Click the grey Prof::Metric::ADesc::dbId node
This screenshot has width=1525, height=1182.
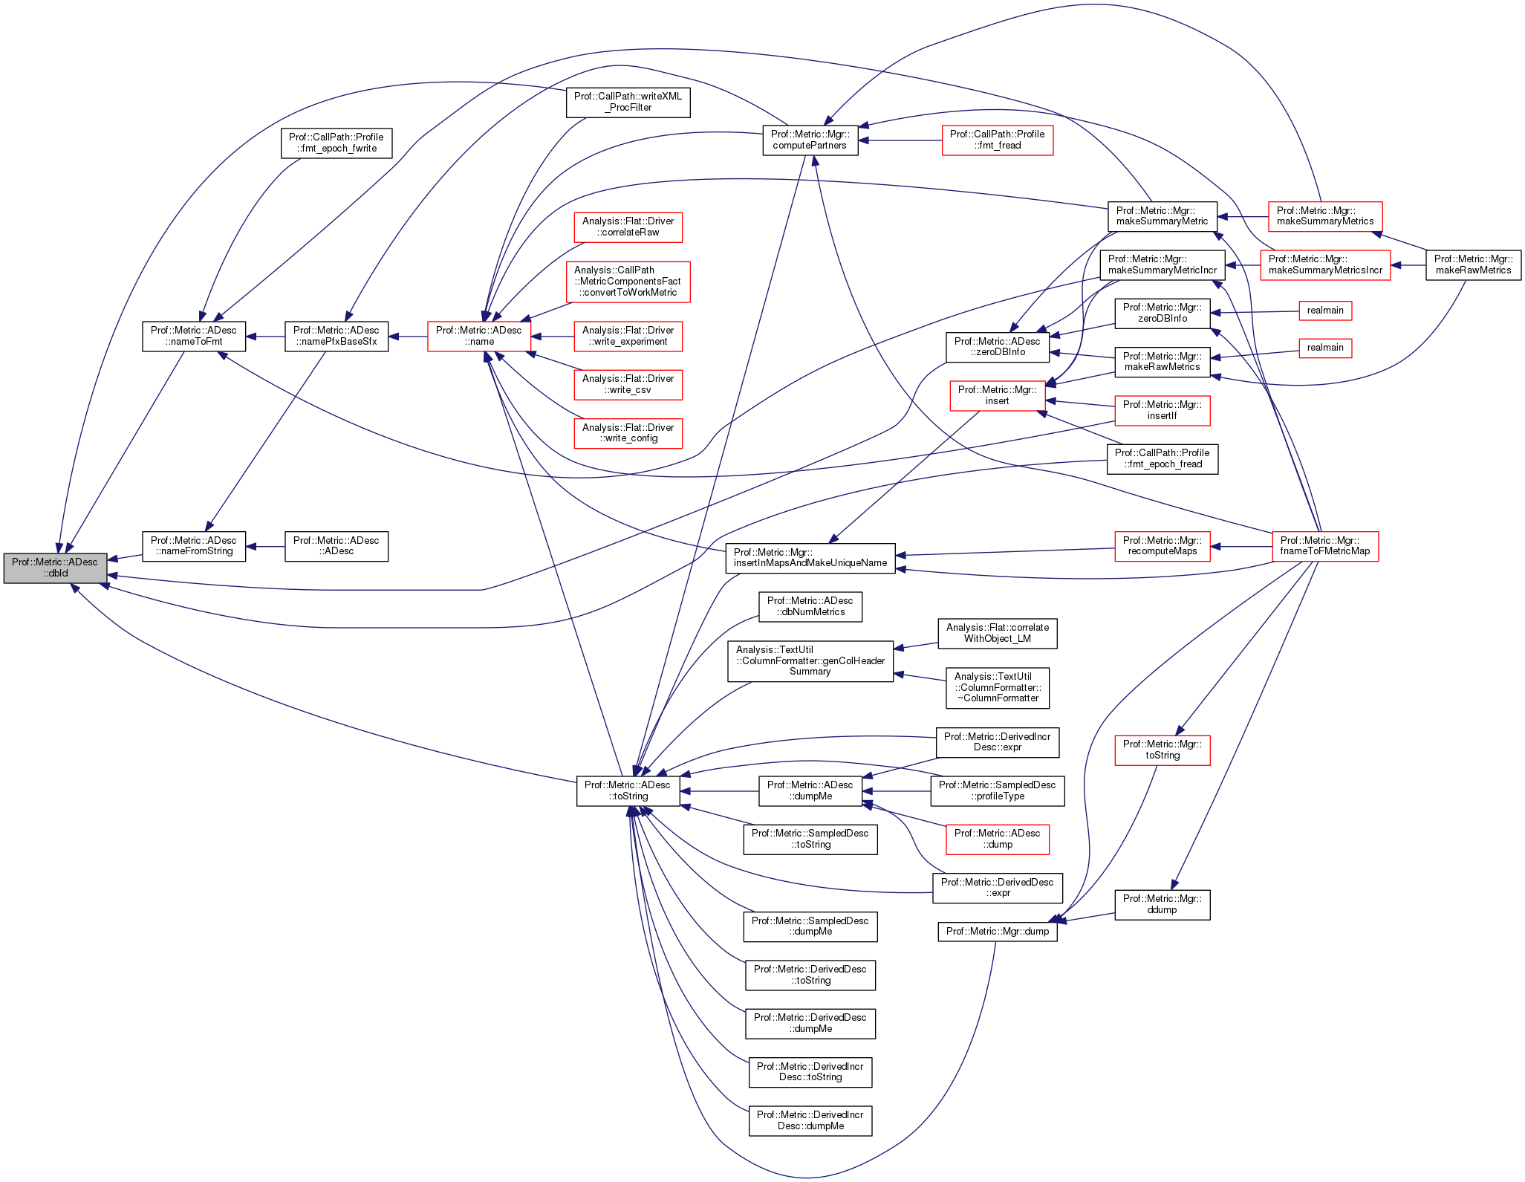pyautogui.click(x=55, y=568)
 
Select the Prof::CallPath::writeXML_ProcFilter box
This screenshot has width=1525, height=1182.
pyautogui.click(x=628, y=102)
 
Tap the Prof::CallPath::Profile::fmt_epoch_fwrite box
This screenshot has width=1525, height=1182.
pyautogui.click(x=336, y=143)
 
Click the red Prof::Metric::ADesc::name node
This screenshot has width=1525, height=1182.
pyautogui.click(x=478, y=336)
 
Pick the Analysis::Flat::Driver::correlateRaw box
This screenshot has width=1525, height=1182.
pyautogui.click(x=628, y=227)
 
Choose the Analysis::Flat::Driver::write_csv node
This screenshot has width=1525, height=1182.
pyautogui.click(x=628, y=384)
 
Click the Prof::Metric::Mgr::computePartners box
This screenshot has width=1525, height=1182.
pyautogui.click(x=810, y=140)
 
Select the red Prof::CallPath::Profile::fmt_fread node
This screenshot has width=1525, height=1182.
pyautogui.click(x=997, y=140)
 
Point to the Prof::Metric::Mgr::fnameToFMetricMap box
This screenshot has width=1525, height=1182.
pyautogui.click(x=1324, y=546)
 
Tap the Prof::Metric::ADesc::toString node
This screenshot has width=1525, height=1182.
pyautogui.click(x=628, y=790)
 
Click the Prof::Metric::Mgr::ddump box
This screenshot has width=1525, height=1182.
pyautogui.click(x=1162, y=904)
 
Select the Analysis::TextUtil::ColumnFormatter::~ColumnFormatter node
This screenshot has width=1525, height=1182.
pyautogui.click(x=997, y=687)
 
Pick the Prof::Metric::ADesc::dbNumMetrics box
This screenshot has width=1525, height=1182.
pyautogui.click(x=810, y=606)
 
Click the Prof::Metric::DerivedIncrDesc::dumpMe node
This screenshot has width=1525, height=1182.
pyautogui.click(x=810, y=1120)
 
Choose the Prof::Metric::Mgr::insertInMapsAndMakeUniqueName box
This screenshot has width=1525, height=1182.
pyautogui.click(x=810, y=557)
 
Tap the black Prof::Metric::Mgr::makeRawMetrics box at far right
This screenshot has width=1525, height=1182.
pyautogui.click(x=1473, y=264)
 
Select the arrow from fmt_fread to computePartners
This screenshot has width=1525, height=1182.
pyautogui.click(x=900, y=140)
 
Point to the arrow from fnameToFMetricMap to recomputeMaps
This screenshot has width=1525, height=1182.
pyautogui.click(x=1241, y=546)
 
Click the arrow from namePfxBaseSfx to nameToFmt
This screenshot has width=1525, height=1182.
pyautogui.click(x=265, y=337)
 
